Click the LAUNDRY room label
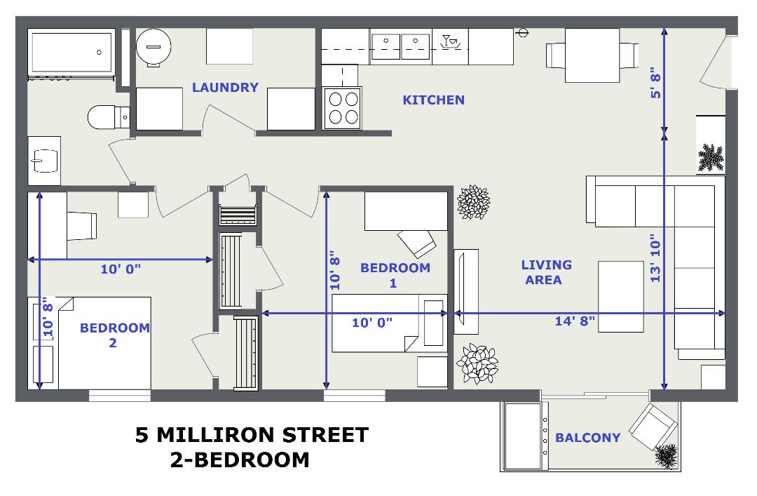click(225, 88)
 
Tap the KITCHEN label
click(434, 100)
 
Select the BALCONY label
click(587, 438)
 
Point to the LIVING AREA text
click(546, 272)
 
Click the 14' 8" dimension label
click(575, 321)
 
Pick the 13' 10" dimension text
click(655, 259)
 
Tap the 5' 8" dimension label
click(655, 82)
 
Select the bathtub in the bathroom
click(72, 53)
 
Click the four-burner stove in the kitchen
click(342, 108)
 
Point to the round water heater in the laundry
click(154, 47)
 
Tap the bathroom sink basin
click(45, 161)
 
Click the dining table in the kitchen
click(592, 55)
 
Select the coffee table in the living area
click(621, 296)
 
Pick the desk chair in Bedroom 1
click(416, 243)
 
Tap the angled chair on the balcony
click(653, 427)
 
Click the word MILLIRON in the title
click(216, 435)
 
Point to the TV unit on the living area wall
click(466, 292)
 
